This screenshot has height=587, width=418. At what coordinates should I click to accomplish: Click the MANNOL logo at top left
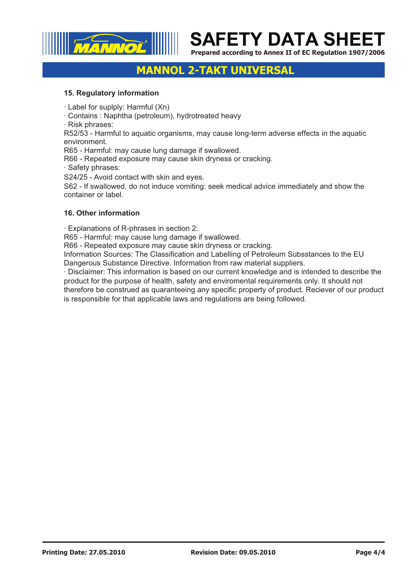coord(110,44)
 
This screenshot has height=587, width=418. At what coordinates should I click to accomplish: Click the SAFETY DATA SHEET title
coord(287,39)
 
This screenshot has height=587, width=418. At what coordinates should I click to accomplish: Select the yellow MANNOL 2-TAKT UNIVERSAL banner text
coord(215,71)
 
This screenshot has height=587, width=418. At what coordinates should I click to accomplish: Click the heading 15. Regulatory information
coord(111,93)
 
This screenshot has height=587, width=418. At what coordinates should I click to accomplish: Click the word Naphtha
coord(118,116)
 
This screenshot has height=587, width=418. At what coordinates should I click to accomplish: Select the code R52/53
coord(76,134)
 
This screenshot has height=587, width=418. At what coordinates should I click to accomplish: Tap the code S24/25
coord(76,177)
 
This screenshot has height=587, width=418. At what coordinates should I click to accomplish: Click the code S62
coord(71,187)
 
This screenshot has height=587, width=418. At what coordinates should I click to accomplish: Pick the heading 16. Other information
coord(102,213)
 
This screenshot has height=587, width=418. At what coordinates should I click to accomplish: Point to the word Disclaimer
coord(86,272)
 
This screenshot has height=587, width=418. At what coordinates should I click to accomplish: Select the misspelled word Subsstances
coord(309,255)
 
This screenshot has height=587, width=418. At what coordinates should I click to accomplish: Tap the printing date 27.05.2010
coord(107,552)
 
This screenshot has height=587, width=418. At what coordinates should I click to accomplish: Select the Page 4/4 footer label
coord(370,552)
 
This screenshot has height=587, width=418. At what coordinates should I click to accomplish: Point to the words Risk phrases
coord(90,125)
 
